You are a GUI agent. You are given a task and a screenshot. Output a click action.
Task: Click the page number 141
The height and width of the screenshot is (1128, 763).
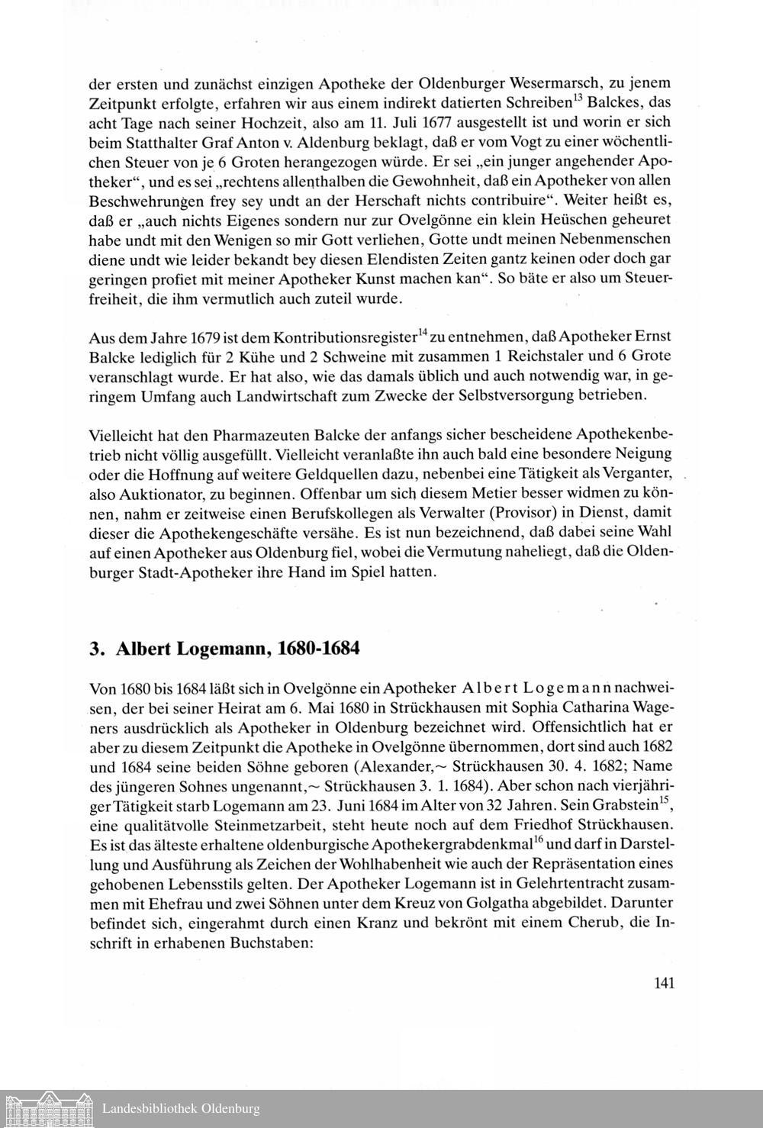pos(664,983)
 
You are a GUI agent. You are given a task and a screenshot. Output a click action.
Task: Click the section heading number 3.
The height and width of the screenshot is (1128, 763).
pos(95,649)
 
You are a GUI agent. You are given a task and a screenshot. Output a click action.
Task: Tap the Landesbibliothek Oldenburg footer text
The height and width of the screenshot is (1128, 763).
pos(181,1108)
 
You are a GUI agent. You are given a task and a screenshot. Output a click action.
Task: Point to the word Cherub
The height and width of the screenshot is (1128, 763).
pos(595,922)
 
